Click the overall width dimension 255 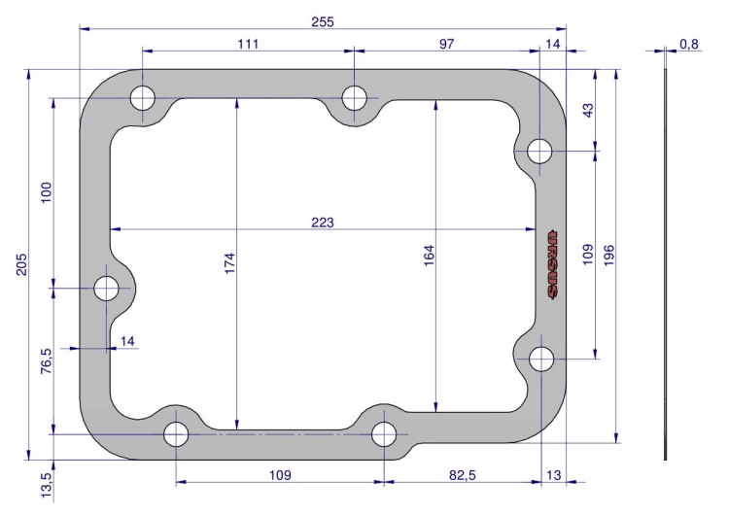click(x=323, y=21)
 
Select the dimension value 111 click(x=248, y=44)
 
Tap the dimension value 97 click(x=446, y=44)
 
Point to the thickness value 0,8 click(x=689, y=44)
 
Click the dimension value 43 click(x=588, y=110)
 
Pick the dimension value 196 click(x=609, y=256)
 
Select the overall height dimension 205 click(x=21, y=264)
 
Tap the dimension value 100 click(x=47, y=192)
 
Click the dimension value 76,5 click(x=47, y=361)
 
